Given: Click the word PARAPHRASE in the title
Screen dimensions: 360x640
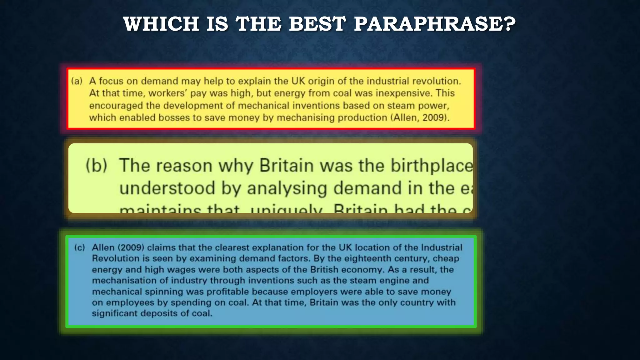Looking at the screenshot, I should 435,24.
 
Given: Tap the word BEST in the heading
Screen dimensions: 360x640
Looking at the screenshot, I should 317,24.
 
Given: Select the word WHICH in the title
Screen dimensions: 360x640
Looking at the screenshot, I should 161,24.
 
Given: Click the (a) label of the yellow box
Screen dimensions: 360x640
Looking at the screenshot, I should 77,81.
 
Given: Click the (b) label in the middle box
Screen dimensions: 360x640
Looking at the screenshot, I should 97,166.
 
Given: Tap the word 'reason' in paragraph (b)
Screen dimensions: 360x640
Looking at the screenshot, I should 184,166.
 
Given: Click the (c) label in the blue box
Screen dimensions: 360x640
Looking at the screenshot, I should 80,248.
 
